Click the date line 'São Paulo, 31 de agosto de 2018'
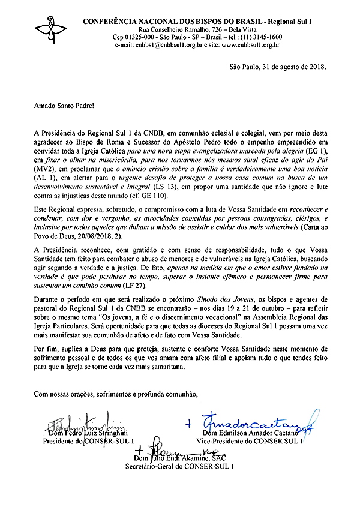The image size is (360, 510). [278, 67]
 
